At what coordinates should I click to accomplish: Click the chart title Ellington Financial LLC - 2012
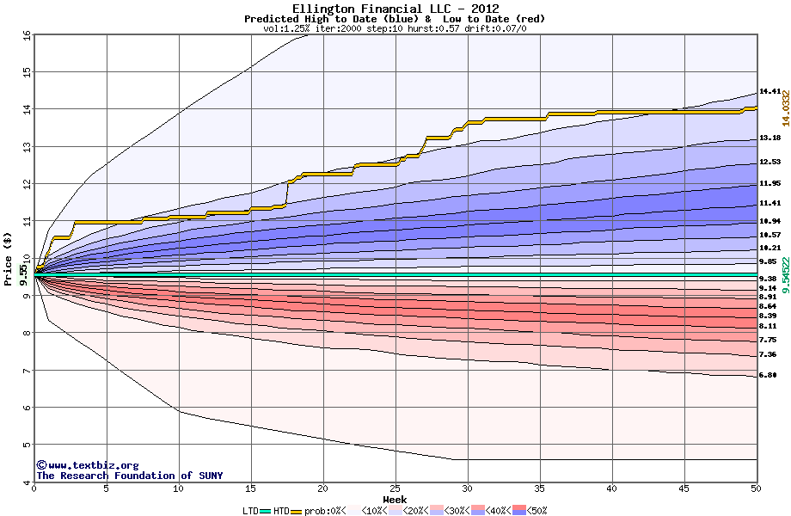tap(395, 9)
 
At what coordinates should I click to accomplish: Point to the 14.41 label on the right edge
tap(770, 91)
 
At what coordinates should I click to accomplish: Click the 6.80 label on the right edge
tap(768, 375)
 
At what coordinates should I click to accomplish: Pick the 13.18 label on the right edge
tap(770, 138)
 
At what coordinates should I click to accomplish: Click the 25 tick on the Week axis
tap(395, 489)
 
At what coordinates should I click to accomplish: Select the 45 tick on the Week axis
tap(684, 489)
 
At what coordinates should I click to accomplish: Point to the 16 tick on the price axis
tap(27, 34)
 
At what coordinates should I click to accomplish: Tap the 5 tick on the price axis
tap(27, 445)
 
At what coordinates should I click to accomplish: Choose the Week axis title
tap(395, 500)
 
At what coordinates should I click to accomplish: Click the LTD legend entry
tap(250, 510)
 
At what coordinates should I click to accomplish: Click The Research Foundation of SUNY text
tap(129, 476)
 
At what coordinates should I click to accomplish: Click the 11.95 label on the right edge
tap(770, 183)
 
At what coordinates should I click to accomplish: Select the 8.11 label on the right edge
tap(768, 326)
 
